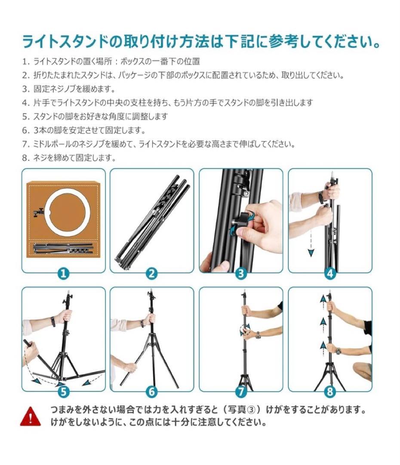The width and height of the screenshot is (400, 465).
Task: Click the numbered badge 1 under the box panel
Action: [63, 273]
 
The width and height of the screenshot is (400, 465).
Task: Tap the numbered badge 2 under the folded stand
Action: [152, 273]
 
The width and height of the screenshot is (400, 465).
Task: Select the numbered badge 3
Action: [241, 273]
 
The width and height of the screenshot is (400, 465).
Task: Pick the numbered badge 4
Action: [330, 273]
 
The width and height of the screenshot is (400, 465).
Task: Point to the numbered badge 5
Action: [63, 392]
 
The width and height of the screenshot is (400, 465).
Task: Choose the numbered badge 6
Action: [152, 392]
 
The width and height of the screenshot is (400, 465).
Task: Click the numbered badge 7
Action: [241, 392]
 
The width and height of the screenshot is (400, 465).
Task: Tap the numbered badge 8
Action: [330, 392]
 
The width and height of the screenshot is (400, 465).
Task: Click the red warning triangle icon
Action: [29, 415]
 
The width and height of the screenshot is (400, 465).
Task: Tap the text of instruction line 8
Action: [69, 158]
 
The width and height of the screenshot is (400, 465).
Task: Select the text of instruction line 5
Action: [95, 117]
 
